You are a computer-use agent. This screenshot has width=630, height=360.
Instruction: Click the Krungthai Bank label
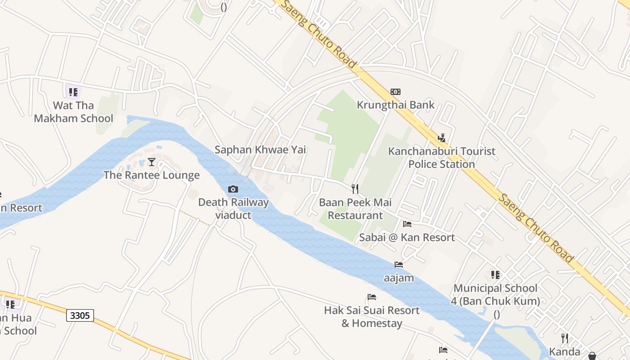pyautogui.click(x=396, y=105)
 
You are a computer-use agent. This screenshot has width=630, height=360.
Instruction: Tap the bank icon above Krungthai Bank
pyautogui.click(x=396, y=92)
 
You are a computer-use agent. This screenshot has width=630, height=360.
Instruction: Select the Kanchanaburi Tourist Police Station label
pyautogui.click(x=442, y=157)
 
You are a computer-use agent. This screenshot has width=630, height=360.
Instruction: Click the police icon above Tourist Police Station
pyautogui.click(x=441, y=138)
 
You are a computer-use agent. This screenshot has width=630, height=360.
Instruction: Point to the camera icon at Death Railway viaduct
pyautogui.click(x=233, y=189)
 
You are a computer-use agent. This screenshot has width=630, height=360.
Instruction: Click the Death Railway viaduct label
pyautogui.click(x=233, y=208)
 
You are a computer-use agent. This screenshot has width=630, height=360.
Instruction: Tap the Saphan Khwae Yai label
pyautogui.click(x=260, y=149)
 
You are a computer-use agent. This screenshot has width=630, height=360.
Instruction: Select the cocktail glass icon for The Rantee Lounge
pyautogui.click(x=152, y=162)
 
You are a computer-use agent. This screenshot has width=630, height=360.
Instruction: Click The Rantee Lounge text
pyautogui.click(x=152, y=175)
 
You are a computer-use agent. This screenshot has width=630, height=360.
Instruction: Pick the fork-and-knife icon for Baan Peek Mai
pyautogui.click(x=355, y=189)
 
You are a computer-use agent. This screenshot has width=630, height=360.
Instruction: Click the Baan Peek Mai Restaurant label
pyautogui.click(x=355, y=209)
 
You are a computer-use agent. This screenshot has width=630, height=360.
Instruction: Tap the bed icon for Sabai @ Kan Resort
pyautogui.click(x=407, y=224)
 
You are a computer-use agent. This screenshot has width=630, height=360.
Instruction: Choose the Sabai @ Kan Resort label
pyautogui.click(x=407, y=237)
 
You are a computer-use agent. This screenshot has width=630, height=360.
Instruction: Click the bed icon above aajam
pyautogui.click(x=399, y=265)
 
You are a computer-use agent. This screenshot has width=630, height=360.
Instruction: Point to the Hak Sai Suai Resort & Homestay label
pyautogui.click(x=372, y=317)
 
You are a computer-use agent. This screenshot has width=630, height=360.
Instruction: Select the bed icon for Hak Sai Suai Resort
pyautogui.click(x=372, y=297)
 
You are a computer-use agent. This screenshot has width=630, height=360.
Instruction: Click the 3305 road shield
pyautogui.click(x=80, y=315)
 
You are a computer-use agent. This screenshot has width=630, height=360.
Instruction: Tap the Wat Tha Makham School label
pyautogui.click(x=74, y=112)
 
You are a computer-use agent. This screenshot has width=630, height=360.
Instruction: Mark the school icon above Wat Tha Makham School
pyautogui.click(x=73, y=92)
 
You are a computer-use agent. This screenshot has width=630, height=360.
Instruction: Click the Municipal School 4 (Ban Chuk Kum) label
pyautogui.click(x=495, y=294)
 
